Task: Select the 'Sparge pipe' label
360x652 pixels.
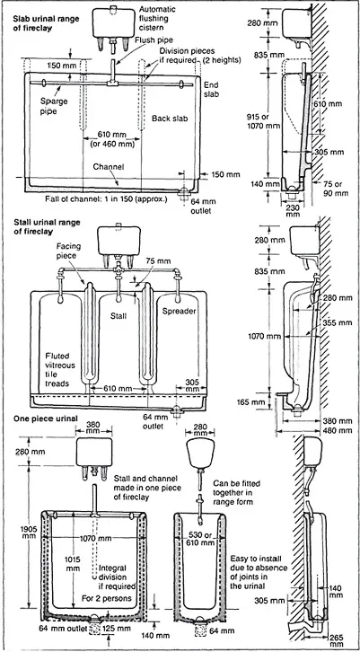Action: [x=54, y=105]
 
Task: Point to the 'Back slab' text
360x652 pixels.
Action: [x=170, y=119]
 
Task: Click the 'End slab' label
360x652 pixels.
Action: [x=211, y=89]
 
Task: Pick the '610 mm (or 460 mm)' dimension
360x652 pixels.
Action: [x=111, y=139]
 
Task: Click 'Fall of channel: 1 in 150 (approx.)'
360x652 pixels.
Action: [x=106, y=198]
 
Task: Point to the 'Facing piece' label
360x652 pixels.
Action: [x=68, y=251]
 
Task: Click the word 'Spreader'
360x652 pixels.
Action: [x=179, y=311]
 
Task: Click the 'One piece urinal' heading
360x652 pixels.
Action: [x=45, y=419]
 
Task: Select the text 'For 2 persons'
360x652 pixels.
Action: [x=107, y=599]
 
